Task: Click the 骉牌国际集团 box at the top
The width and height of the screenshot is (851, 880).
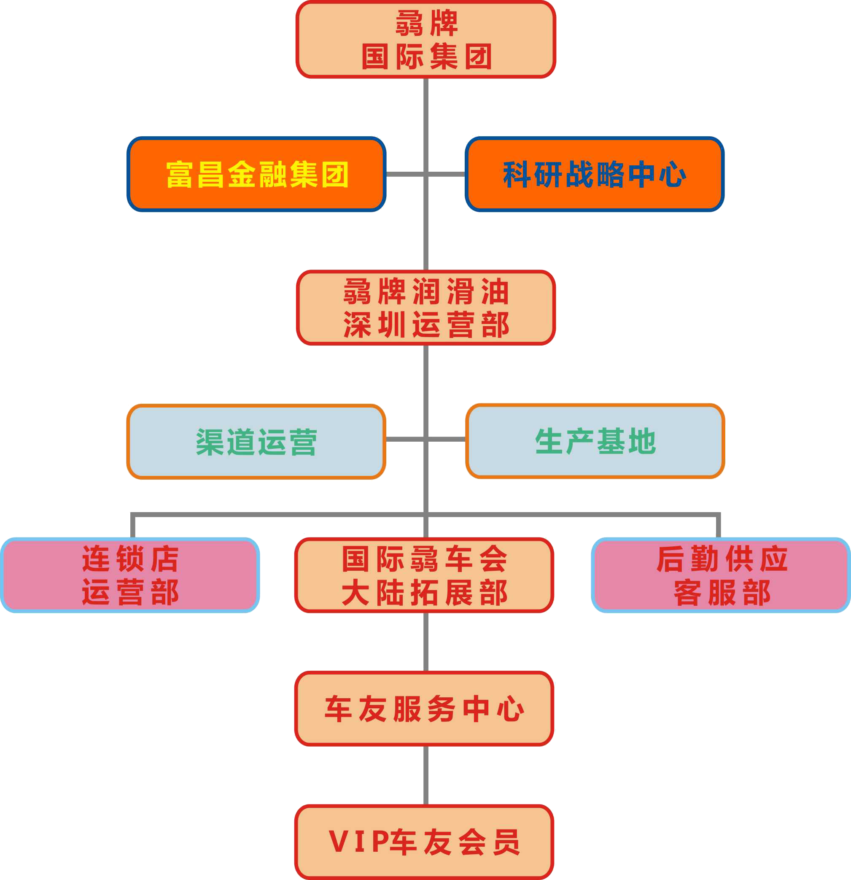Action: pos(425,40)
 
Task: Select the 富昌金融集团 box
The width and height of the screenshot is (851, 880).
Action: pos(256,174)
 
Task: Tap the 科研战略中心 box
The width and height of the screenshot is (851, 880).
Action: pos(595,174)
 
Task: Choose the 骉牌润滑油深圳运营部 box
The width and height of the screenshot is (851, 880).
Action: pos(425,308)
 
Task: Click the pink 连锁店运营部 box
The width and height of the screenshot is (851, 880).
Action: pos(130,575)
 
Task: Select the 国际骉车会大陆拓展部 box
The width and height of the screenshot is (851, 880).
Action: pos(424,575)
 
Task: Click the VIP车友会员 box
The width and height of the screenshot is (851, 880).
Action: pos(424,842)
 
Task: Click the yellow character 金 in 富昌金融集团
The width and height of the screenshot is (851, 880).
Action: pos(242,174)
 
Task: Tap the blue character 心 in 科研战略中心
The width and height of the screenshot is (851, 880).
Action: pos(672,174)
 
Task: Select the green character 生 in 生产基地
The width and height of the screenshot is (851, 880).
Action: pos(549,441)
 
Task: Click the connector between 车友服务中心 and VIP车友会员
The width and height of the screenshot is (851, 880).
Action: pos(425,775)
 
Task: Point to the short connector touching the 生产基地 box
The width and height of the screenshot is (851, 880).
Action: pos(447,439)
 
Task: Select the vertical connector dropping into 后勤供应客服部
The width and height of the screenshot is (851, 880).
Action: pos(718,526)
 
